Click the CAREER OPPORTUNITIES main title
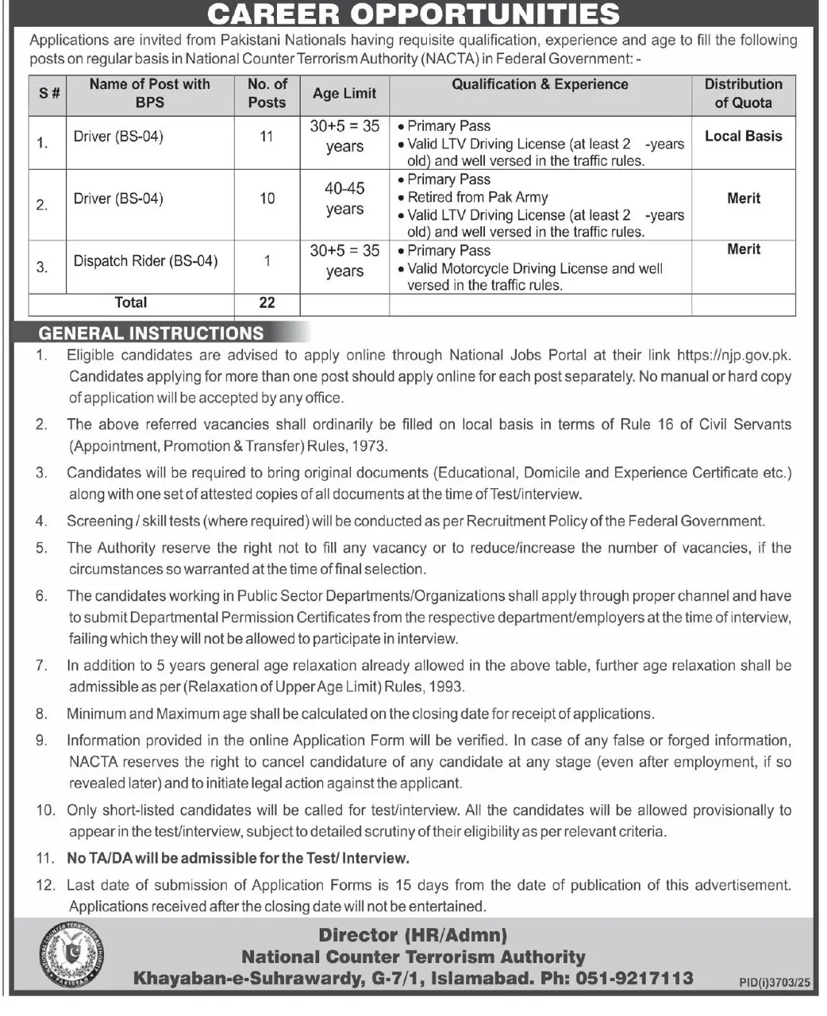click(413, 13)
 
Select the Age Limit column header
click(344, 94)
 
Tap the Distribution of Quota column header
click(743, 93)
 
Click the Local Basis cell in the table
click(743, 137)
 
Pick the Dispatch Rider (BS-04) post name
click(145, 261)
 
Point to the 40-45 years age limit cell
click(344, 198)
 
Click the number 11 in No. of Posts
click(267, 137)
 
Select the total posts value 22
click(267, 302)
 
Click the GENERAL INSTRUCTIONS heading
click(152, 333)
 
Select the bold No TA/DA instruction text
click(238, 858)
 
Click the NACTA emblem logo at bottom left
click(71, 956)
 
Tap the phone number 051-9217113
click(630, 979)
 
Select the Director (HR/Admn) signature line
click(413, 936)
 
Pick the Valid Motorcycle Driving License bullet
click(534, 269)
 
